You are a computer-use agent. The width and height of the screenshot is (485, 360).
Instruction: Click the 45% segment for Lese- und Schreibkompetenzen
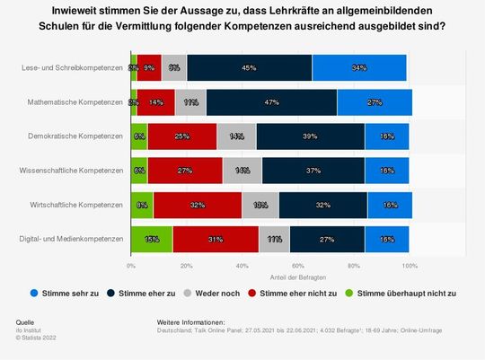[x=249, y=68]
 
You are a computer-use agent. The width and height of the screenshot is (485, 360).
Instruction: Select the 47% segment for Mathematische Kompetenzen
[x=270, y=102]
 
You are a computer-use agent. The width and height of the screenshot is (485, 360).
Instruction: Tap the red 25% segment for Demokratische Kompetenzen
[x=181, y=136]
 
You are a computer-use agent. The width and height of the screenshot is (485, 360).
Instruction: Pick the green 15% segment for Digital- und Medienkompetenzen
[x=152, y=239]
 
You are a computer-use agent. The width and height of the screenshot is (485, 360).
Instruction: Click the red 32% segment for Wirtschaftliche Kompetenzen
[x=197, y=205]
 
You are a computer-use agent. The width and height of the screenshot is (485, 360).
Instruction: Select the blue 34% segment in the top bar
[x=359, y=68]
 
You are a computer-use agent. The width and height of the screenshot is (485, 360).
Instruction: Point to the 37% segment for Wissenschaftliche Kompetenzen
[x=313, y=171]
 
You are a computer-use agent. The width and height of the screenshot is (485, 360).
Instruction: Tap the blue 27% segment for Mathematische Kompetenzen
[x=375, y=102]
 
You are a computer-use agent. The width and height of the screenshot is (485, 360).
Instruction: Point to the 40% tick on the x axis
[x=242, y=266]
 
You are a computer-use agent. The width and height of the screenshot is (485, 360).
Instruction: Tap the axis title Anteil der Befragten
[x=270, y=275]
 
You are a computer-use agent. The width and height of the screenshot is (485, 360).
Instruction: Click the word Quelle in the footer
[x=26, y=321]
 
